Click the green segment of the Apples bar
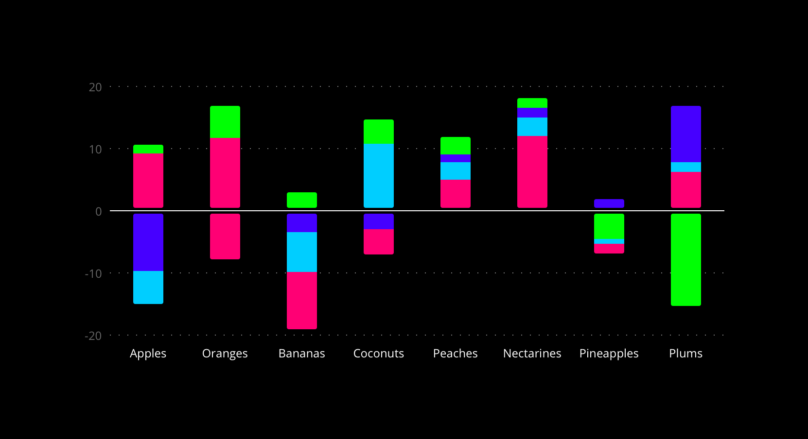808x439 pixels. point(148,149)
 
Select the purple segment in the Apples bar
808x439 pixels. point(148,242)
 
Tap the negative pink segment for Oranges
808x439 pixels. point(225,236)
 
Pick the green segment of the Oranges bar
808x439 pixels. point(225,122)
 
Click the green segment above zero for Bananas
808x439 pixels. point(302,200)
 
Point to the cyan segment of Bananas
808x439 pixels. point(302,252)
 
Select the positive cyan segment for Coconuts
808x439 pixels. point(379,175)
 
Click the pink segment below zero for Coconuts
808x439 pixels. point(379,242)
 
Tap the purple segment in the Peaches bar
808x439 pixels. point(456,158)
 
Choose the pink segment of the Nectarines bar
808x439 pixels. point(532,172)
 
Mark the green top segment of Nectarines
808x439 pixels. point(532,103)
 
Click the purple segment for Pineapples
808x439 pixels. point(609,203)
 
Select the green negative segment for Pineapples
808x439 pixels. point(609,226)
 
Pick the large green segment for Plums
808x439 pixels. point(686,260)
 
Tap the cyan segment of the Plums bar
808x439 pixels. point(686,167)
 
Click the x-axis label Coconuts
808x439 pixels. point(379,354)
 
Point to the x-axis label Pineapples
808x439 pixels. point(609,354)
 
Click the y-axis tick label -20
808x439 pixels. point(93,336)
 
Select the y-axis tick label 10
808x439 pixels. point(95,149)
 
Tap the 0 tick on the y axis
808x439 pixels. point(99,211)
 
